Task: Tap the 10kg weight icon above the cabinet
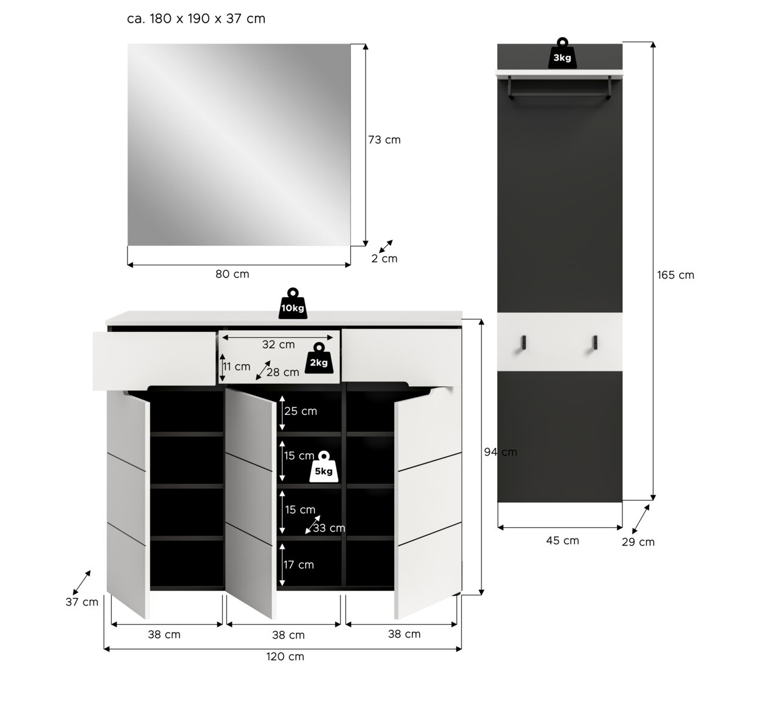click(x=292, y=303)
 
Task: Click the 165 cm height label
click(x=675, y=275)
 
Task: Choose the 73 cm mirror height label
click(x=384, y=140)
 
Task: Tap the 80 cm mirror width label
click(x=232, y=274)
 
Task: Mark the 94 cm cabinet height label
click(x=500, y=452)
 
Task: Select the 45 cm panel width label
click(x=563, y=540)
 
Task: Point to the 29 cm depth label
click(x=638, y=542)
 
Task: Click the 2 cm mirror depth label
click(x=384, y=259)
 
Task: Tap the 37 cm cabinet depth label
click(x=82, y=602)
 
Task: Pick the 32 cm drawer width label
click(x=278, y=345)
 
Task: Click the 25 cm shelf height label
click(x=301, y=411)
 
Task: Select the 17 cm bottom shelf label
click(x=299, y=565)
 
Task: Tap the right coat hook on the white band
click(x=595, y=343)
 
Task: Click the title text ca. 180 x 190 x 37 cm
click(x=196, y=19)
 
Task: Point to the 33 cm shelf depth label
click(x=329, y=528)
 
